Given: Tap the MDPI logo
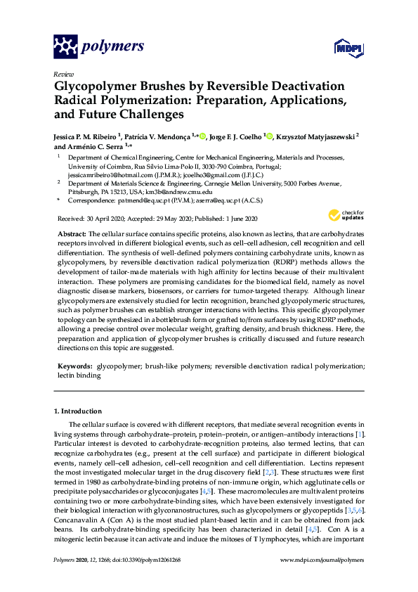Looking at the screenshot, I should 343,49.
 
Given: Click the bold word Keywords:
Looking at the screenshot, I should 74,366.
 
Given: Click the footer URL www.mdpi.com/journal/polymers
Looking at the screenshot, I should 322,560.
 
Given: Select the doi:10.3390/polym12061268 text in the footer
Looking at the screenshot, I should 145,560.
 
